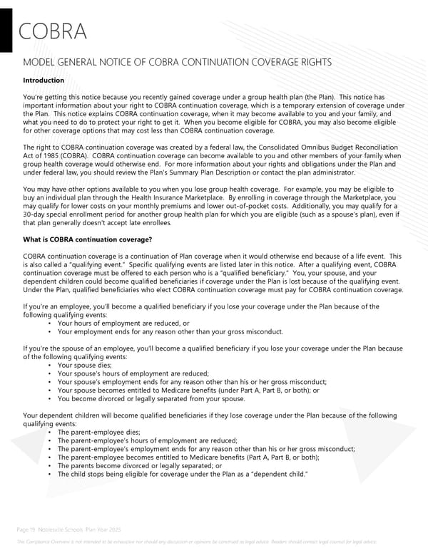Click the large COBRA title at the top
coord(53,32)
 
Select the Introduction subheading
coord(44,81)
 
